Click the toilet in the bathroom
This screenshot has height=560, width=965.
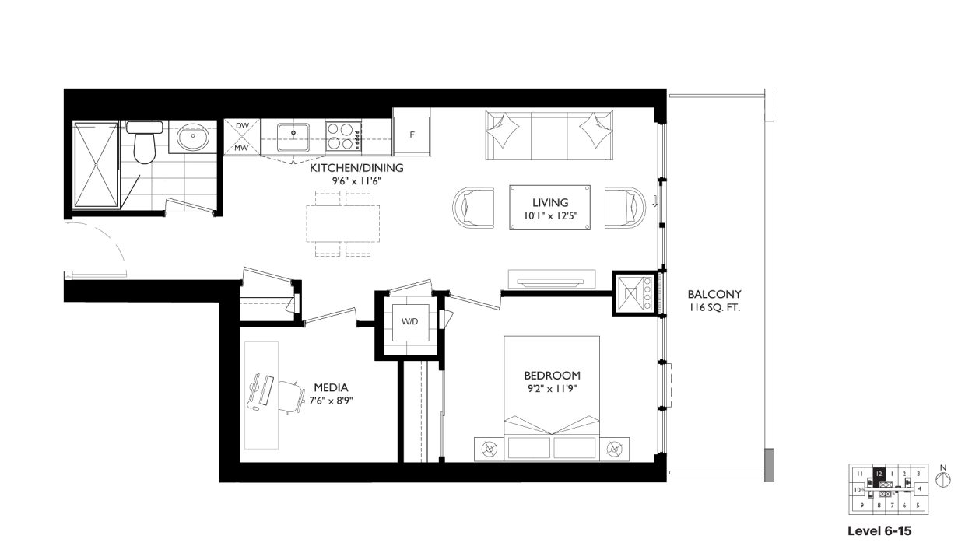pyautogui.click(x=143, y=142)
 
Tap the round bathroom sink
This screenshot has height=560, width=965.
pyautogui.click(x=191, y=139)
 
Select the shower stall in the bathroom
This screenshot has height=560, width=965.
pyautogui.click(x=96, y=165)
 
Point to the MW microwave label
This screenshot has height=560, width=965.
pyautogui.click(x=241, y=148)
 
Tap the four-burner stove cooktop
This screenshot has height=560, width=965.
pyautogui.click(x=342, y=137)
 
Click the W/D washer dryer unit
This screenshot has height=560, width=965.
pyautogui.click(x=409, y=322)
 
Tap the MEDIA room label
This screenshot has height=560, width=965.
pyautogui.click(x=331, y=387)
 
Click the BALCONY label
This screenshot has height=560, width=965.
pyautogui.click(x=714, y=295)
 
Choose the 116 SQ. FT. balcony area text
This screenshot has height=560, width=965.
pyautogui.click(x=714, y=308)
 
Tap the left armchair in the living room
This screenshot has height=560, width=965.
pyautogui.click(x=473, y=208)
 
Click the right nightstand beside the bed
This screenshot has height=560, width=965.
pyautogui.click(x=615, y=449)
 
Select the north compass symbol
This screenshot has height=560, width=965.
pyautogui.click(x=943, y=479)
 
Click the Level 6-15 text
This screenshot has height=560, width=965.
pyautogui.click(x=879, y=532)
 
